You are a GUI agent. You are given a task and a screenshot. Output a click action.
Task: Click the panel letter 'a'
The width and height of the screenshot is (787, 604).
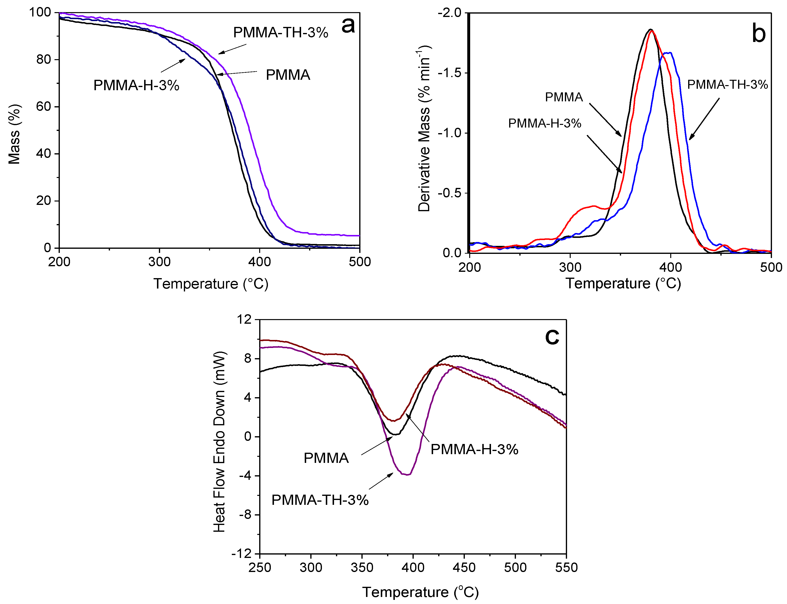[348, 26]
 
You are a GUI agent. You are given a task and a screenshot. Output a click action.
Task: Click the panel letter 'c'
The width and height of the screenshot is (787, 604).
[552, 337]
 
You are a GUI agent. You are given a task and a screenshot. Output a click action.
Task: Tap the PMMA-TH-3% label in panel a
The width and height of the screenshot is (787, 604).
[281, 33]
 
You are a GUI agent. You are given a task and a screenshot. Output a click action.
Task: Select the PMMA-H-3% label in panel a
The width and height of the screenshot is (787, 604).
[136, 86]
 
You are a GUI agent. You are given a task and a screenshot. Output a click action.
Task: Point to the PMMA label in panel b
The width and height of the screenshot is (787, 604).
[564, 97]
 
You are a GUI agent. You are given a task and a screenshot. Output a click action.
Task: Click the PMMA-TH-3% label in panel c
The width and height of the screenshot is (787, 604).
[320, 500]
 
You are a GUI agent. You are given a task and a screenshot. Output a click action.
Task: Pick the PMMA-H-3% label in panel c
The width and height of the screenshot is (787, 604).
[474, 449]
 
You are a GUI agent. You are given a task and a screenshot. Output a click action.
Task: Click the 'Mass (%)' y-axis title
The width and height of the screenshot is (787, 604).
[14, 134]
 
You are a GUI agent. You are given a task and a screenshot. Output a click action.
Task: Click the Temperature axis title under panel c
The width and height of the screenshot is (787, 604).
[420, 592]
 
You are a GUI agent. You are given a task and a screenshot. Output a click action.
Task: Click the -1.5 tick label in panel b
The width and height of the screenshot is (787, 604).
[449, 73]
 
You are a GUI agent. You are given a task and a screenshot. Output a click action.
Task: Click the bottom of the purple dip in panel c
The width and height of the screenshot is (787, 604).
[407, 475]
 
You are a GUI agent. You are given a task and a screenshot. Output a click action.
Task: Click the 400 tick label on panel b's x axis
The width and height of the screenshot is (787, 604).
[670, 267]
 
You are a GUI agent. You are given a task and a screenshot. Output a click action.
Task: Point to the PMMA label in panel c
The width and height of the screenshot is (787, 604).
[326, 458]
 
